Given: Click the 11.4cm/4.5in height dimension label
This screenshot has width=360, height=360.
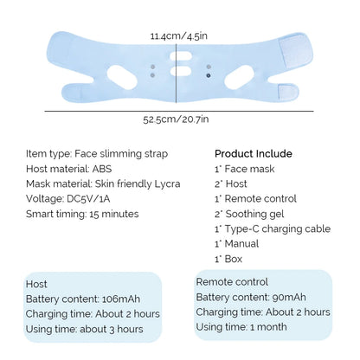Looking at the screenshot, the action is (x=179, y=36).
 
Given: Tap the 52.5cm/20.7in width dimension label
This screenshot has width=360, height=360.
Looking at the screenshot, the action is (x=176, y=119).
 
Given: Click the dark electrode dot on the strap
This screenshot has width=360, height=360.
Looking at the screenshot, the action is (x=209, y=76).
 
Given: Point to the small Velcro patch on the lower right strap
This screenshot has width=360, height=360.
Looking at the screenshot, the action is (x=288, y=93).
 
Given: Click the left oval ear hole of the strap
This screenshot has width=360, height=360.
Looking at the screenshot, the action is (x=122, y=77).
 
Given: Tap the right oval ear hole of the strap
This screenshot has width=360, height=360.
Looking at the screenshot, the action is (x=240, y=77).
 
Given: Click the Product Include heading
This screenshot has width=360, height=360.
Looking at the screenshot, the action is (x=254, y=153).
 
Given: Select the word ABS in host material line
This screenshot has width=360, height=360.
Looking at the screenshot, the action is (x=102, y=169).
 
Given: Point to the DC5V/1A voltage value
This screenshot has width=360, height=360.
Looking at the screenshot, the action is (x=88, y=199).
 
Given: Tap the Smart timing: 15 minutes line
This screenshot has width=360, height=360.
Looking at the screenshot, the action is (x=82, y=214).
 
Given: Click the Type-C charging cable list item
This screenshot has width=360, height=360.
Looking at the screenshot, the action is (x=273, y=229).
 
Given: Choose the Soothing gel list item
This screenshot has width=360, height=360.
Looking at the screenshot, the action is (x=249, y=214).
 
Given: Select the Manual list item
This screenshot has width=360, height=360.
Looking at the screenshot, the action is (x=236, y=244).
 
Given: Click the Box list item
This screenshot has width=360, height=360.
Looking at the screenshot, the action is (x=228, y=259).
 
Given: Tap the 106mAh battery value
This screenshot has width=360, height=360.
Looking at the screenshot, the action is (x=121, y=299).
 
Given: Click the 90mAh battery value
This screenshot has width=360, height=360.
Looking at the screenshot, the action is (x=289, y=297).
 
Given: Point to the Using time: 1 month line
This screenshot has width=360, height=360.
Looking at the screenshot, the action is (x=241, y=327).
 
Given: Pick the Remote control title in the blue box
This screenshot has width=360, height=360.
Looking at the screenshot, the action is (x=232, y=282).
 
